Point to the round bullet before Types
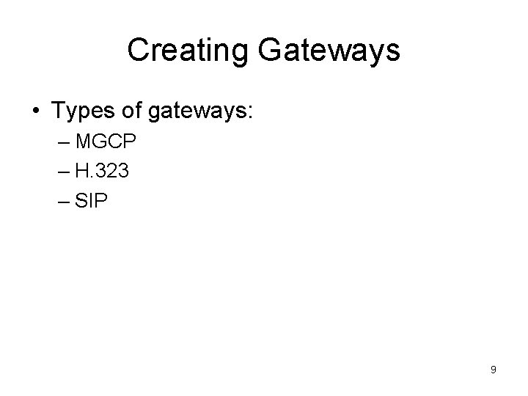[36, 112]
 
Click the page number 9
[493, 370]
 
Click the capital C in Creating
[138, 51]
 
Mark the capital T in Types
[58, 111]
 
